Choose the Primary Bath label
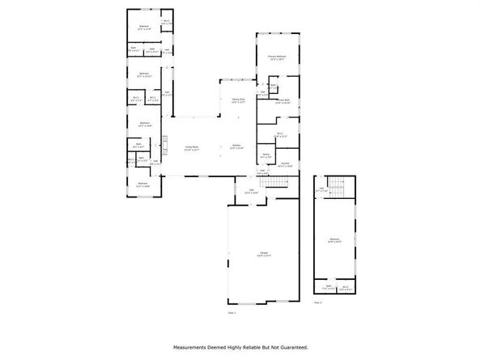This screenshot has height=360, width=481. pyautogui.click(x=283, y=102)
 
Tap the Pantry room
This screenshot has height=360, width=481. pyautogui.click(x=266, y=155)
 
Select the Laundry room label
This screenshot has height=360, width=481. pyautogui.click(x=285, y=166)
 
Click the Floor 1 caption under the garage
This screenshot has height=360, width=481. pyautogui.click(x=231, y=311)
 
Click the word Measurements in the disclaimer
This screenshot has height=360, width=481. pyautogui.click(x=191, y=347)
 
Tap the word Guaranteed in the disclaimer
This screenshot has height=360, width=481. pyautogui.click(x=291, y=347)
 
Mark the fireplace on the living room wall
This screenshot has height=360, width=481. pyautogui.click(x=164, y=146)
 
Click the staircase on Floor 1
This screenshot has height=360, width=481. pyautogui.click(x=277, y=184)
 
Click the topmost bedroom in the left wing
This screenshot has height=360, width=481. pyautogui.click(x=143, y=27)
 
